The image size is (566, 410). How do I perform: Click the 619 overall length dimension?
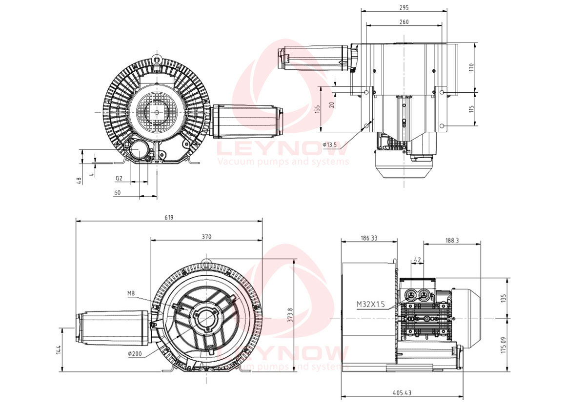pos(169,217)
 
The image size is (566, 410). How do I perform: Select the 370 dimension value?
pos(206,237)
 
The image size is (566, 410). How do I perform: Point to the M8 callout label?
pos(131,293)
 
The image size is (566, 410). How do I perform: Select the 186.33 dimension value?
pos(369,238)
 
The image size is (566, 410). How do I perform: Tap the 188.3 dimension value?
pos(452,240)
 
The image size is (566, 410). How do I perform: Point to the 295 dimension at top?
pos(404,7)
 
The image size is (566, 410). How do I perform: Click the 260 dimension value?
pos(404,22)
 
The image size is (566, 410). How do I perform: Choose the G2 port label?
pos(119,179)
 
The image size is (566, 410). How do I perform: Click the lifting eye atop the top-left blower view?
pos(156,58)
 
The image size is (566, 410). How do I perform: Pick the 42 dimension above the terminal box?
pos(417,259)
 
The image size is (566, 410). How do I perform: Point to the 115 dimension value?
pos(471,108)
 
